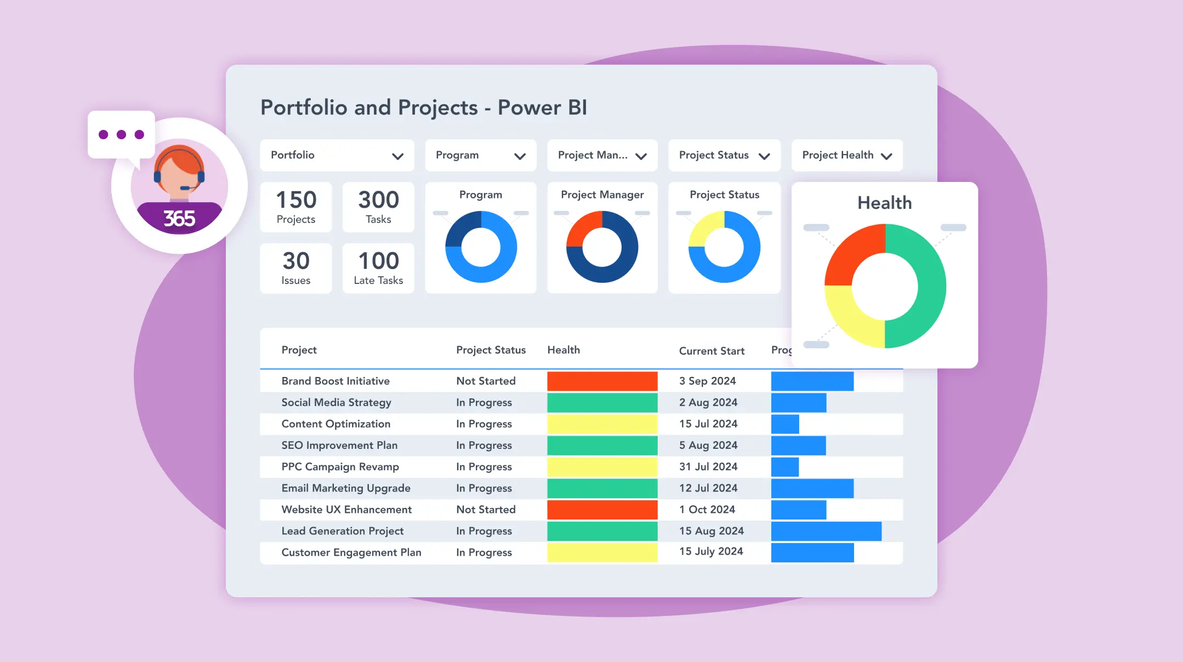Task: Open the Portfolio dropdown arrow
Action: coord(397,156)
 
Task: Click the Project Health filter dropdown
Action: coord(846,155)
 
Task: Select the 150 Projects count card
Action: coord(296,207)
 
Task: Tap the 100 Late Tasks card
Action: coord(378,268)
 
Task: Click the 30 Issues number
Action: coord(296,261)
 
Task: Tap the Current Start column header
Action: coord(711,351)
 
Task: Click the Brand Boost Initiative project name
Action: coord(335,381)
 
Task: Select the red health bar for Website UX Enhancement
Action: coord(602,510)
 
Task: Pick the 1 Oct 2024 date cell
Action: coord(707,510)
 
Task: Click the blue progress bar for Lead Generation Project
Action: coord(826,531)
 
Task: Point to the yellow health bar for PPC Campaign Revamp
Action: coord(602,467)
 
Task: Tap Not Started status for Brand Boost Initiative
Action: coord(486,381)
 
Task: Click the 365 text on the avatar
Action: coord(179,219)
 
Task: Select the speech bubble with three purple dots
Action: coord(121,135)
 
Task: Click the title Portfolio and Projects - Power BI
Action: coord(423,107)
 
